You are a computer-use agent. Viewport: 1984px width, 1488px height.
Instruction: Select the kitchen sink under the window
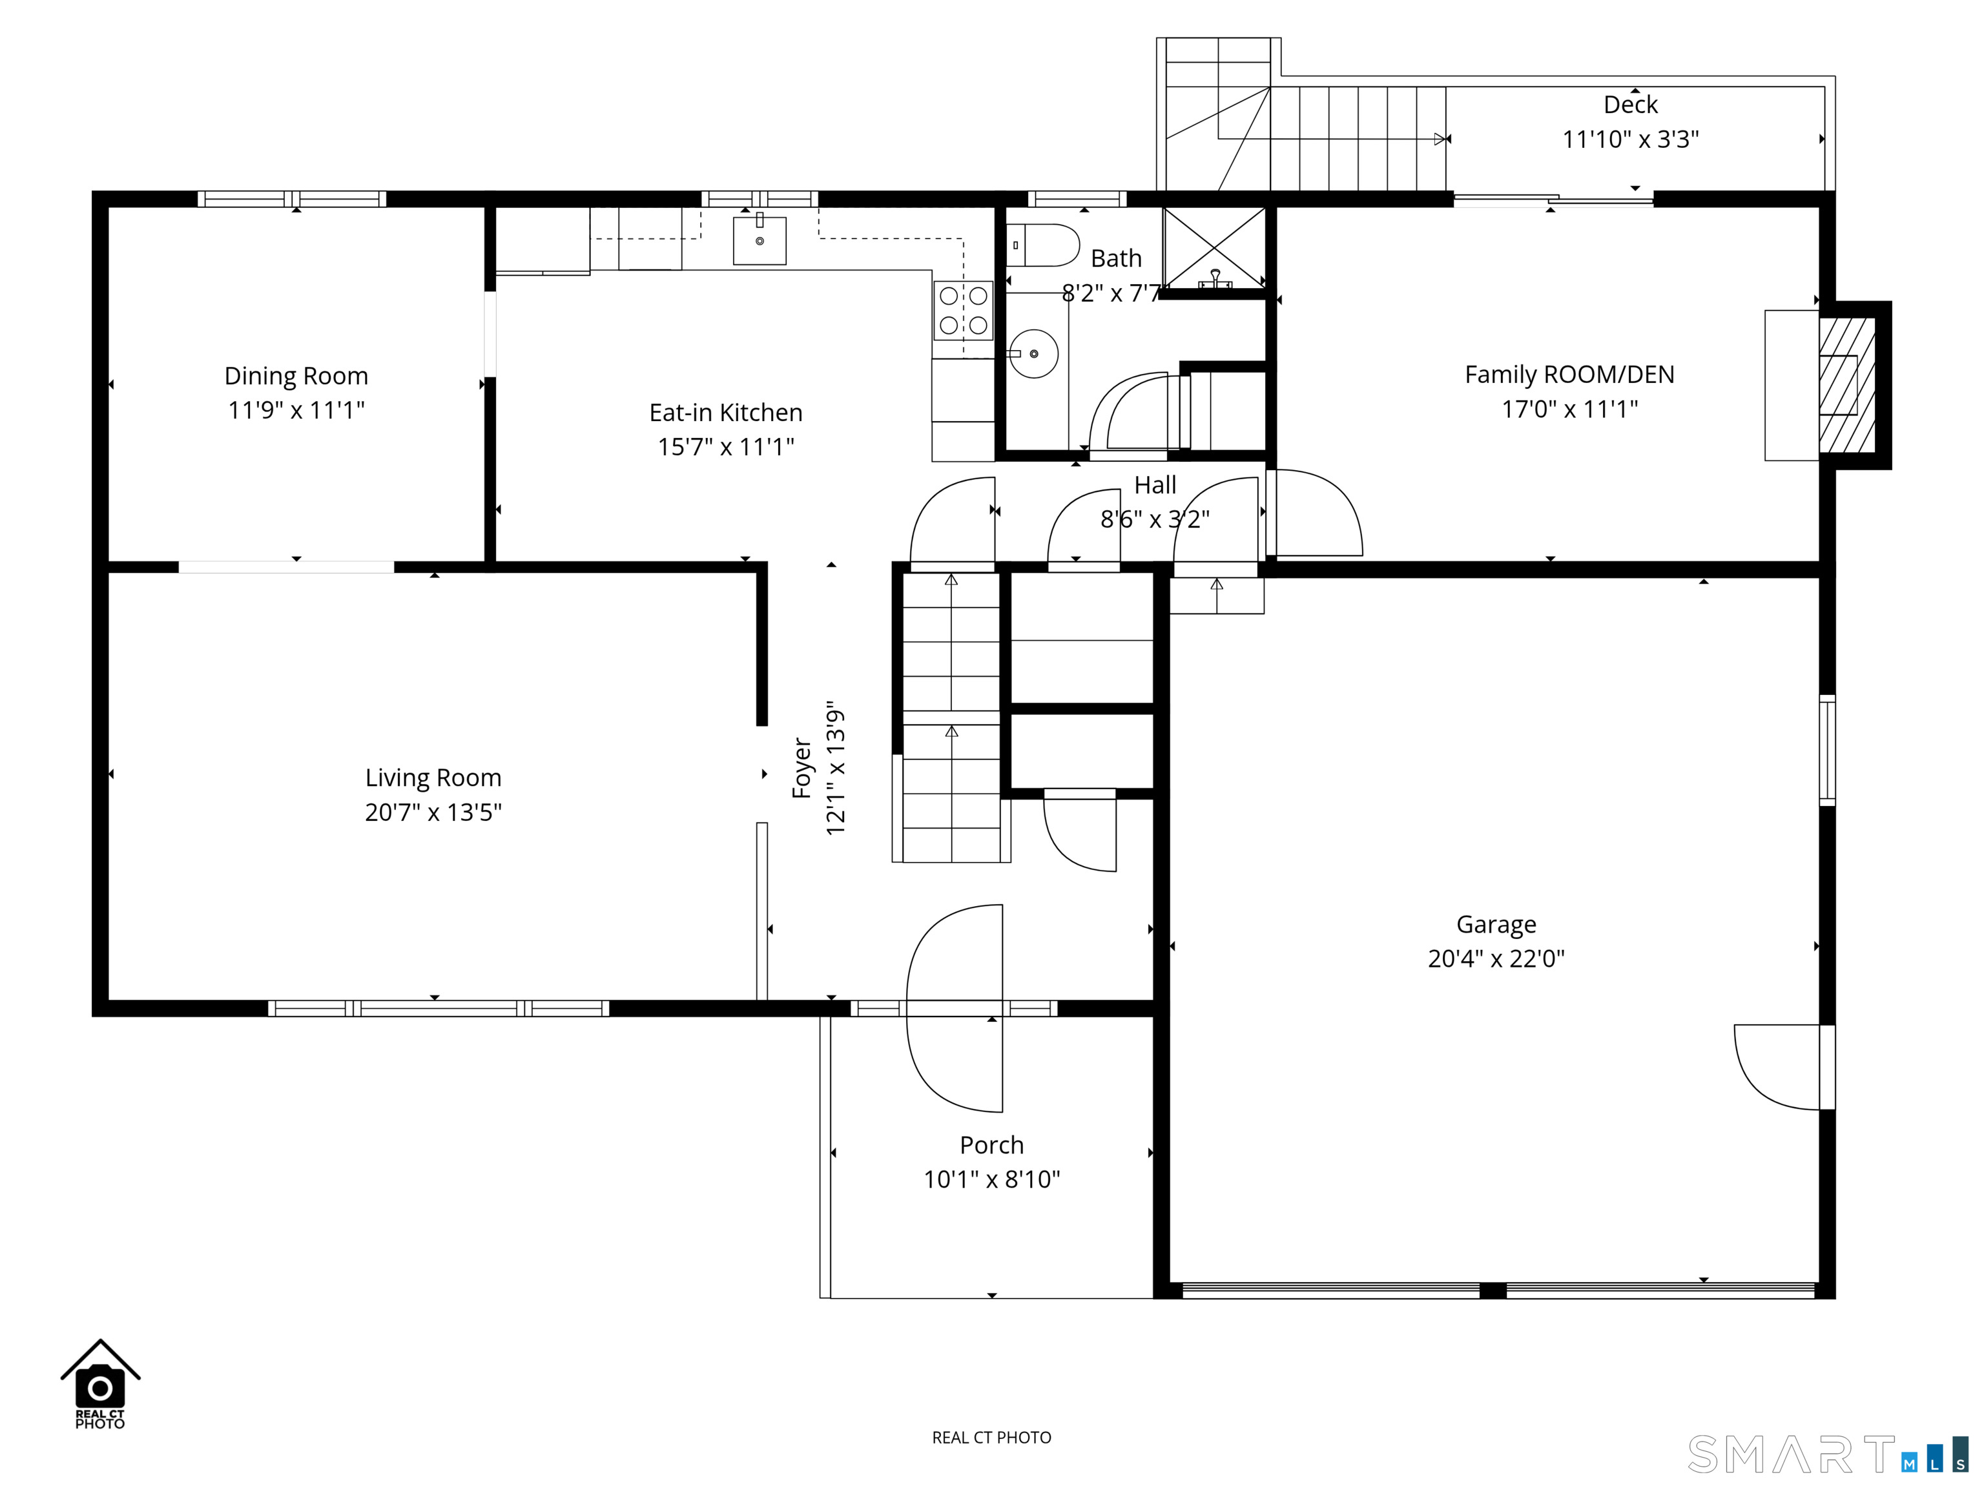(759, 240)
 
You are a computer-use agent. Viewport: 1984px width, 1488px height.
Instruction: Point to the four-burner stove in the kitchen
(964, 311)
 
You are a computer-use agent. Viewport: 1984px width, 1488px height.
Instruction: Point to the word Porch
(991, 1145)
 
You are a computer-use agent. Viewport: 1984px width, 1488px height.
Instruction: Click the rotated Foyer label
(802, 769)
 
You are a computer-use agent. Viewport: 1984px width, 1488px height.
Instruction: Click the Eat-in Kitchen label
(726, 413)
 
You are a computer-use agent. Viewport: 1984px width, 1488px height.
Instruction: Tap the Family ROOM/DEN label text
(1569, 375)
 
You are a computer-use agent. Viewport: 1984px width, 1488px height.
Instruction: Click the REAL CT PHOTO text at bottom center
(991, 1438)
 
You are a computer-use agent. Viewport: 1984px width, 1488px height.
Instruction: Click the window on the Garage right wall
(1826, 750)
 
